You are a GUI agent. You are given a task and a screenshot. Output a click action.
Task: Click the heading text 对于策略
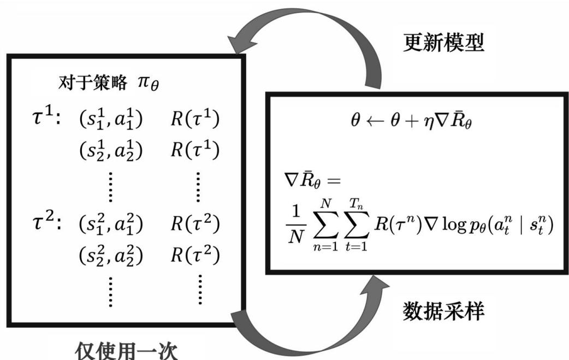pyautogui.click(x=90, y=84)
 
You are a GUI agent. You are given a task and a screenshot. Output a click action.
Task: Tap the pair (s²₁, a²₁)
pyautogui.click(x=111, y=225)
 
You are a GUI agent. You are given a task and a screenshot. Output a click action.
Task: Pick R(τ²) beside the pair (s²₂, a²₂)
pyautogui.click(x=194, y=255)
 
